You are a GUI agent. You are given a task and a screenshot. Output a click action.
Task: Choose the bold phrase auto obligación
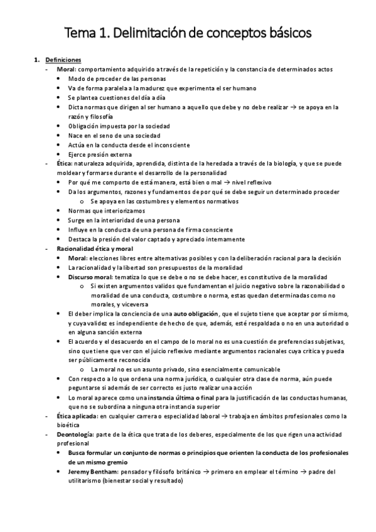[x=196, y=312]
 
